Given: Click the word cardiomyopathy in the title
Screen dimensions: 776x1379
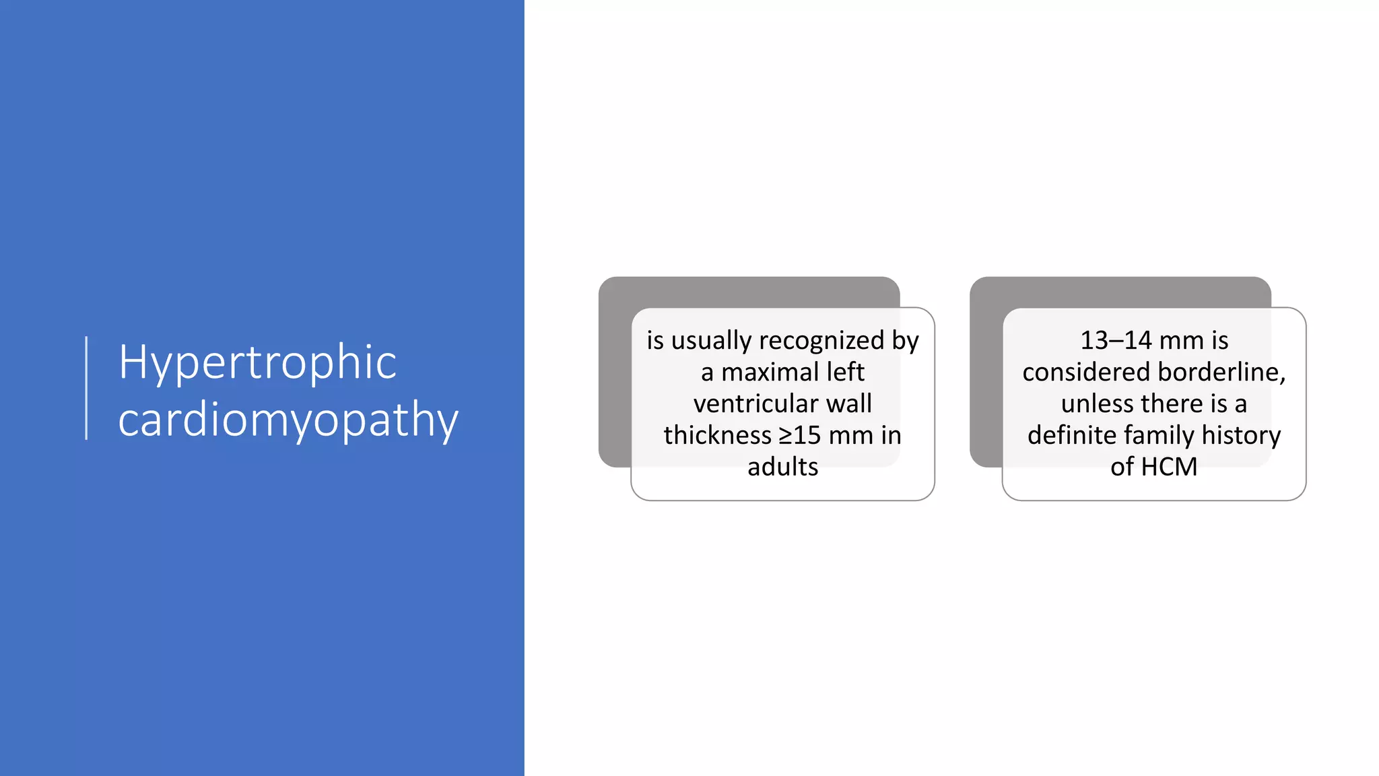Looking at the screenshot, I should click(288, 420).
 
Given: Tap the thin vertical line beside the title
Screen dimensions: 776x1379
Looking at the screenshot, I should click(87, 388).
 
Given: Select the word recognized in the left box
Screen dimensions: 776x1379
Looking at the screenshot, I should click(821, 341).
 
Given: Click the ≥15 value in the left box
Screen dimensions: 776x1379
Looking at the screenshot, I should click(800, 436).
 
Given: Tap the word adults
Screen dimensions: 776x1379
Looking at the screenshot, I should click(782, 467).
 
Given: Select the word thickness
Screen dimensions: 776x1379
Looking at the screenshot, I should click(717, 436).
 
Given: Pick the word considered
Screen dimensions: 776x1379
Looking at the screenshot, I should click(1085, 373).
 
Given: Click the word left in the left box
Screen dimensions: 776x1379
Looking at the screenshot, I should click(846, 373).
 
